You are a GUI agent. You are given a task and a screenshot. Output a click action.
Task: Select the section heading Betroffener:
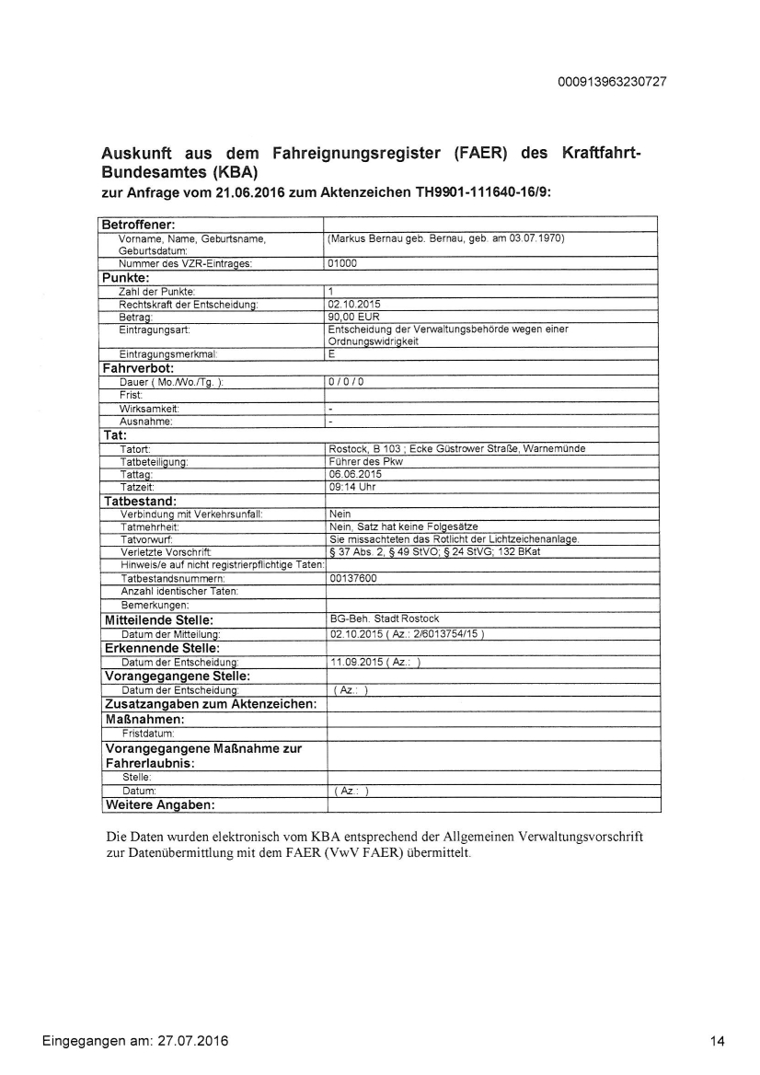click(138, 225)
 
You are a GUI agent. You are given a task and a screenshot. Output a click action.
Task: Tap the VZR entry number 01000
click(342, 263)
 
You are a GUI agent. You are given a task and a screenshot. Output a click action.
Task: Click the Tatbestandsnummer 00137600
click(352, 579)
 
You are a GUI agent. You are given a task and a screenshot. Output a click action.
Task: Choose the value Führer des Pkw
click(365, 461)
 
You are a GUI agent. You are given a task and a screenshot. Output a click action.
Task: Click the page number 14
click(718, 1041)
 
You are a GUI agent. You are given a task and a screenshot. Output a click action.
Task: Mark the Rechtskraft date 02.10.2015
click(354, 303)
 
